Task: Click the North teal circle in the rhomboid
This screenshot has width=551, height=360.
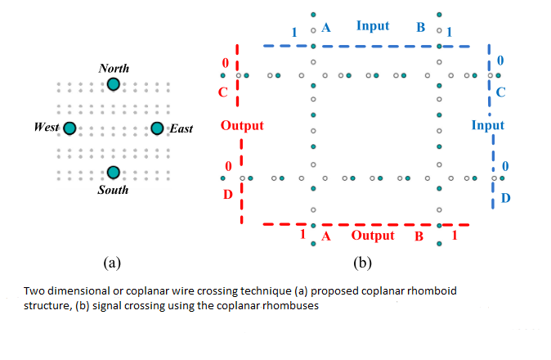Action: tap(114, 84)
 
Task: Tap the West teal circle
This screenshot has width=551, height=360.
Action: tap(69, 128)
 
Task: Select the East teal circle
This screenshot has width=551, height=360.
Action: tap(158, 128)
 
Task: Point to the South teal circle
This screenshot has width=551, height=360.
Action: tap(114, 172)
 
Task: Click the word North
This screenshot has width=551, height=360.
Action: tap(114, 68)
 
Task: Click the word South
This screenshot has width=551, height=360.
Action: tap(113, 190)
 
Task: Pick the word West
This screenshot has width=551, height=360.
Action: tap(47, 128)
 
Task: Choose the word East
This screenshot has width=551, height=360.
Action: tap(181, 128)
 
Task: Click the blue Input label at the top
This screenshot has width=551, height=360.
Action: tap(373, 26)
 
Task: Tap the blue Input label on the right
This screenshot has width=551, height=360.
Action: tap(488, 125)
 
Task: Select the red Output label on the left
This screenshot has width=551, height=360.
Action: tap(242, 125)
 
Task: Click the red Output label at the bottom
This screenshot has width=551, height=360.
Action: tap(373, 236)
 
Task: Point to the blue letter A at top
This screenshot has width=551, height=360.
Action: tap(325, 27)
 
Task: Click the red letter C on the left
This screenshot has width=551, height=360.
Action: tap(222, 92)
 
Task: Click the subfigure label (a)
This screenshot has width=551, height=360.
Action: tap(113, 263)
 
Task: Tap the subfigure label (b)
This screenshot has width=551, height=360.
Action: tap(362, 263)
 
